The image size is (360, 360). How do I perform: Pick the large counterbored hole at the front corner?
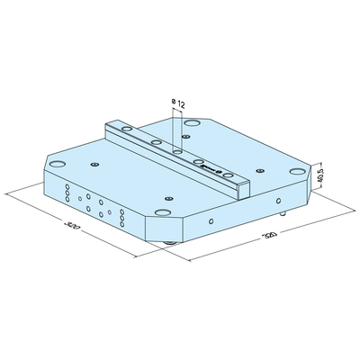tap(162, 213)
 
